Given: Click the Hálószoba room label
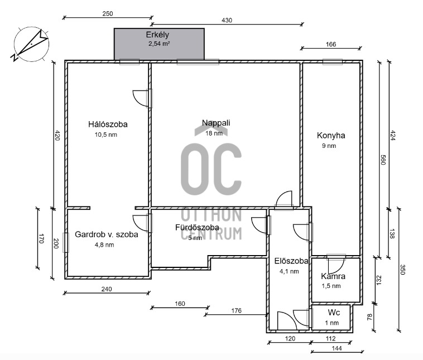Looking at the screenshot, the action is pyautogui.click(x=108, y=124).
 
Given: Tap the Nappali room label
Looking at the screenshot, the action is pyautogui.click(x=216, y=123).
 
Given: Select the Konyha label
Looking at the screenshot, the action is pyautogui.click(x=331, y=136).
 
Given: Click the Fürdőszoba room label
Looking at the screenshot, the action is pyautogui.click(x=197, y=228).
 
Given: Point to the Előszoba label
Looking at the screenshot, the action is pyautogui.click(x=291, y=261).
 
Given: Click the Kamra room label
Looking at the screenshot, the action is pyautogui.click(x=333, y=276).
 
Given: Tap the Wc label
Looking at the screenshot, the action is pyautogui.click(x=334, y=313).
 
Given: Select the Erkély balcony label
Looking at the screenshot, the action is pyautogui.click(x=157, y=35).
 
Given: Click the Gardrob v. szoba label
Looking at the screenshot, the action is pyautogui.click(x=107, y=234).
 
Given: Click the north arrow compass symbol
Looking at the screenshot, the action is pyautogui.click(x=31, y=44).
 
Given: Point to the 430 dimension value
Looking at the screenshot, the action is pyautogui.click(x=227, y=20).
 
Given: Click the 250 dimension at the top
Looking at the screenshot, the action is pyautogui.click(x=108, y=14).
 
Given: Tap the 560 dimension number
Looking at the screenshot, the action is pyautogui.click(x=383, y=160).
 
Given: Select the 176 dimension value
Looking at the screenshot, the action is pyautogui.click(x=236, y=311).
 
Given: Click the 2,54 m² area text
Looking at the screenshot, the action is pyautogui.click(x=159, y=44).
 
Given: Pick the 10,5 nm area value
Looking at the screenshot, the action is pyautogui.click(x=106, y=135).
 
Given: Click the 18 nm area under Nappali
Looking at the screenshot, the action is pyautogui.click(x=214, y=133).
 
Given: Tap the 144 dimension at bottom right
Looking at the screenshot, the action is pyautogui.click(x=337, y=348).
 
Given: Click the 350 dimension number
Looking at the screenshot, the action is pyautogui.click(x=402, y=270).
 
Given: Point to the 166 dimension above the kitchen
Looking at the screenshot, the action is pyautogui.click(x=331, y=44).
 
